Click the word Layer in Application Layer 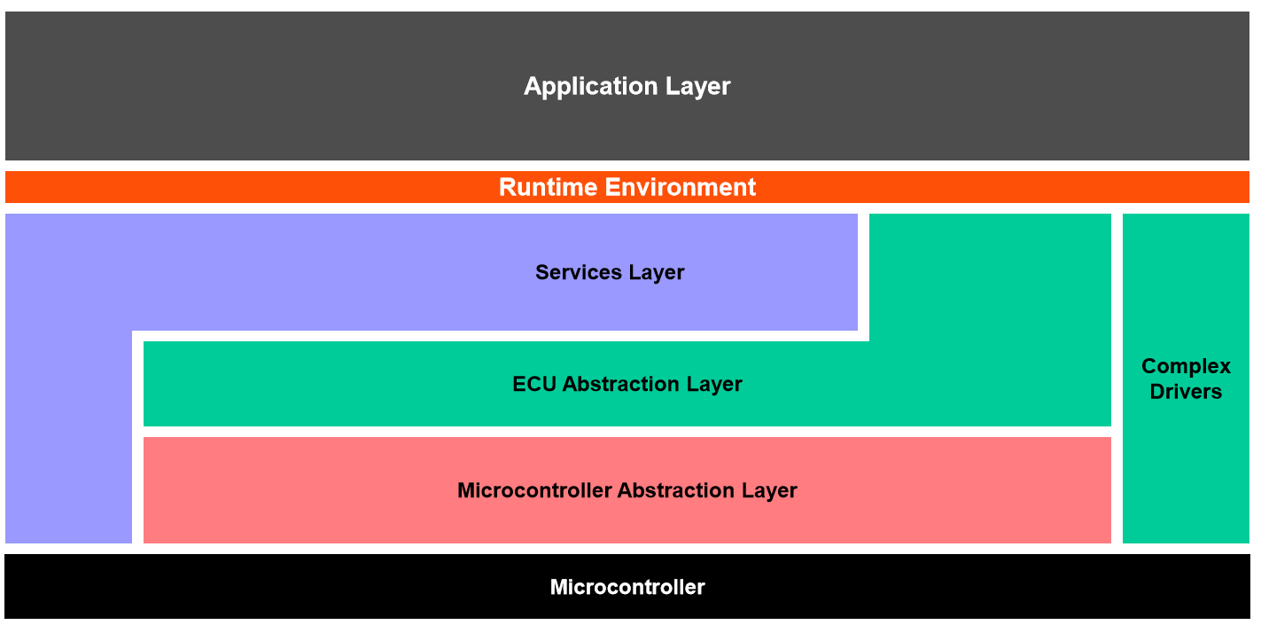coord(696,87)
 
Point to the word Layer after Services coord(657,272)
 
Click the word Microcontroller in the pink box coord(534,490)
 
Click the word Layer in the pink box coord(770,490)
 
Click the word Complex coord(1186,366)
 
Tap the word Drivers coord(1186,392)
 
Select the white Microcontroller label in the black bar coord(627,587)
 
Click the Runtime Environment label coord(627,187)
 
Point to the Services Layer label coord(610,272)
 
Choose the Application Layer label coord(627,87)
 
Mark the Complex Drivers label coord(1186,379)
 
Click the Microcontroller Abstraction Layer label coord(627,490)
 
